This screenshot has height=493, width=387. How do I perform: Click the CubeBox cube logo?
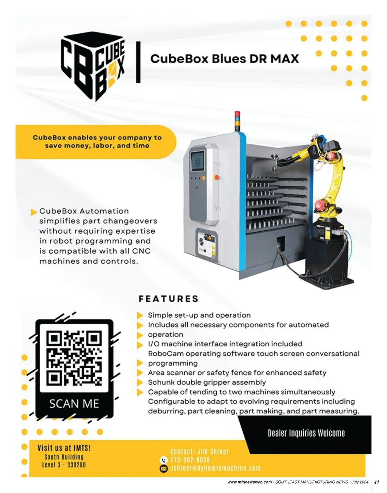(93, 67)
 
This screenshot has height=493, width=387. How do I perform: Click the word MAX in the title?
(284, 59)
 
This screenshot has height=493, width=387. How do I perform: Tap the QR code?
(74, 358)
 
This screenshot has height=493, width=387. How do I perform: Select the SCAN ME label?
(74, 403)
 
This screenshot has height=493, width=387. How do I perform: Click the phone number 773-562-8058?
(190, 460)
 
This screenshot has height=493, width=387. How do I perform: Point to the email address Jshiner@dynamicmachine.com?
(215, 468)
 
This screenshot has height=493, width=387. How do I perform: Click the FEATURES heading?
(168, 299)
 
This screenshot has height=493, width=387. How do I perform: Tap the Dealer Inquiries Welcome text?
(306, 433)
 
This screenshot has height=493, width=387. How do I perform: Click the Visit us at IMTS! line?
(64, 448)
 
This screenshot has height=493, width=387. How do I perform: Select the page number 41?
(376, 482)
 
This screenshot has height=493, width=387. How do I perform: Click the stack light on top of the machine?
(238, 120)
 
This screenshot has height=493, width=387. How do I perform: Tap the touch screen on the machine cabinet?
(198, 160)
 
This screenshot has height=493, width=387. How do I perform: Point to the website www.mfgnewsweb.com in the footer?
(249, 482)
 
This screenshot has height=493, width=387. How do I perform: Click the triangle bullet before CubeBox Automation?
(34, 212)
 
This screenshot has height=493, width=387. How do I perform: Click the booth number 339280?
(76, 465)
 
